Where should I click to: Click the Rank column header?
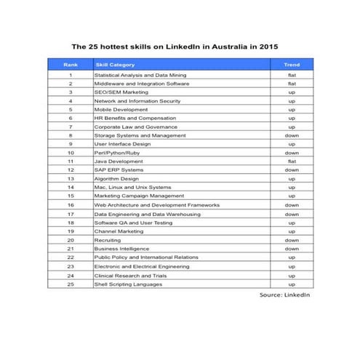point(70,65)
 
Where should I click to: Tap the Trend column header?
point(291,65)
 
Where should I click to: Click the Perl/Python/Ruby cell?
point(116,153)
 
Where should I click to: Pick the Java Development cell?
point(119,161)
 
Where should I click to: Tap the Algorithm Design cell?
point(117,179)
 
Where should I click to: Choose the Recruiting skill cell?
point(109,240)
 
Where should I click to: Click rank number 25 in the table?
point(71,284)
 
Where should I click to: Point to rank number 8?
point(71,135)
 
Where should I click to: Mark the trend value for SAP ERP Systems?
point(291,170)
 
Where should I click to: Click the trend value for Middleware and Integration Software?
point(291,84)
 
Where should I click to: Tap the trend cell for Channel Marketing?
point(291,231)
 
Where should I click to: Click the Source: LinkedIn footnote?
point(284,295)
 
